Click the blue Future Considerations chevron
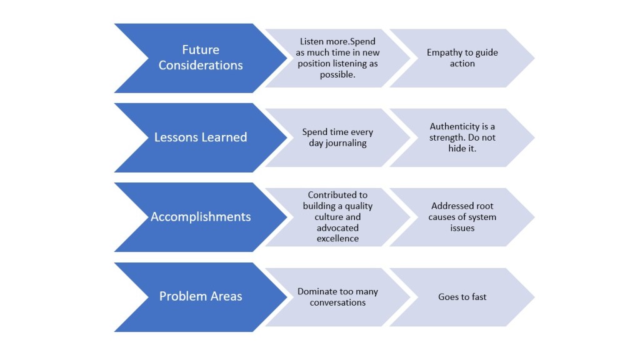(x=201, y=57)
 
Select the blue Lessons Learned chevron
(x=201, y=137)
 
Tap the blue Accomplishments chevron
(x=201, y=217)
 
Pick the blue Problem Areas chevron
(x=201, y=296)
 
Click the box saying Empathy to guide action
(x=462, y=58)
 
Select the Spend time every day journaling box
(x=337, y=137)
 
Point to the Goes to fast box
(x=462, y=297)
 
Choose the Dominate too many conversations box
(x=337, y=297)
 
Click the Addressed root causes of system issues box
(x=462, y=217)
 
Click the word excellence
(x=337, y=239)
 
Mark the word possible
(x=337, y=74)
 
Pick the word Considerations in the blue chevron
(x=201, y=66)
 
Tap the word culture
(x=337, y=217)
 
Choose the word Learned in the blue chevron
(x=224, y=137)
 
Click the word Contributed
(x=337, y=195)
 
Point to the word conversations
(x=337, y=302)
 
